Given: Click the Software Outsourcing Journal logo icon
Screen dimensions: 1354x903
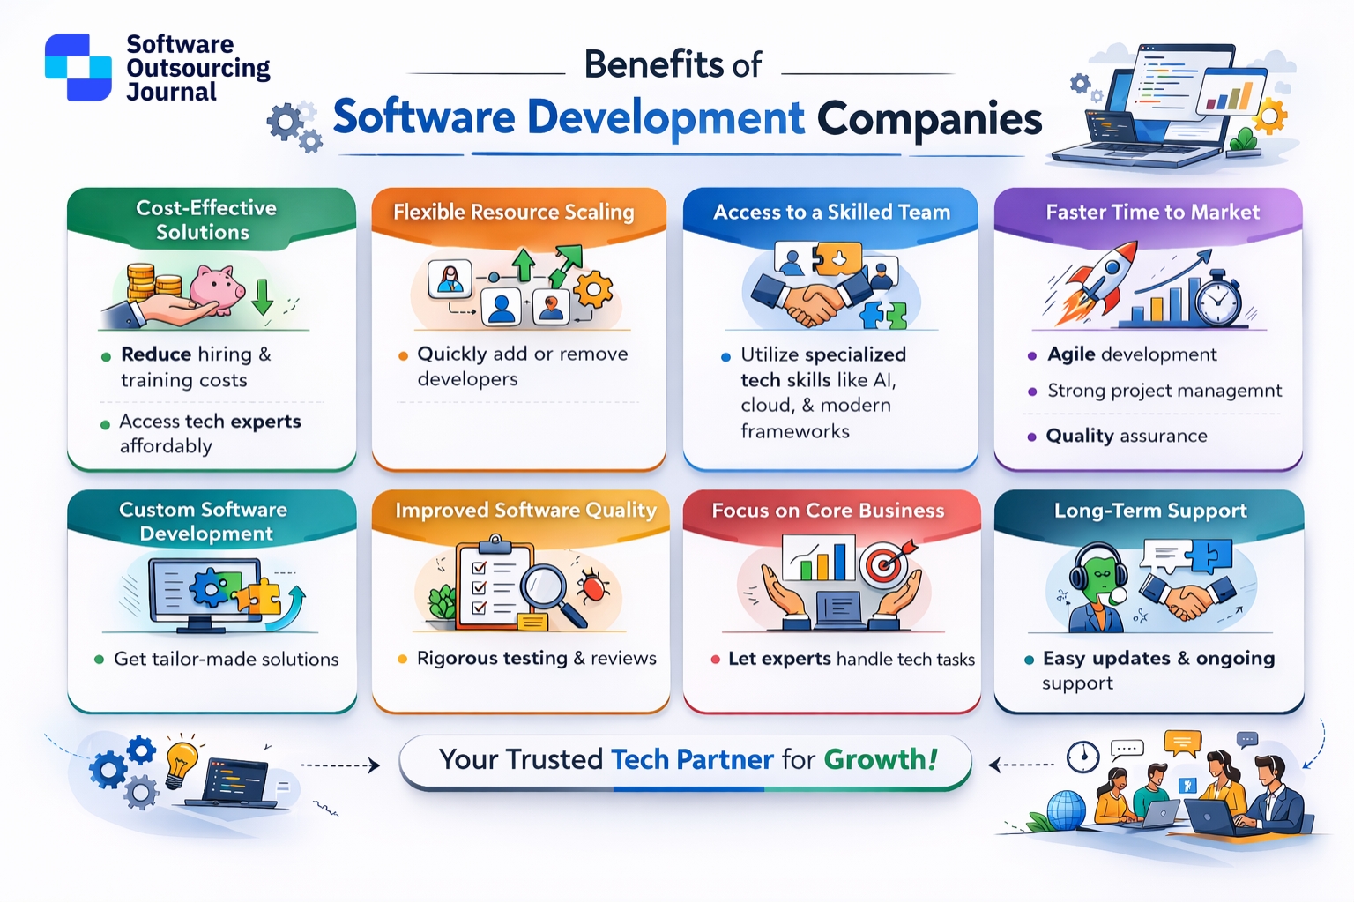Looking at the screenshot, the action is (78, 67).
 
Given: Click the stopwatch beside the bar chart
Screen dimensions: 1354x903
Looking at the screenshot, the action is (1218, 302).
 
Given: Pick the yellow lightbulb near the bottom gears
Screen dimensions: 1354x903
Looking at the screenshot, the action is (181, 760).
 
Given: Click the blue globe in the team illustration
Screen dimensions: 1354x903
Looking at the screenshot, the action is (1066, 810).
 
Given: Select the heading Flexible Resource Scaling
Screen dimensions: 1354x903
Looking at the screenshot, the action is (514, 213).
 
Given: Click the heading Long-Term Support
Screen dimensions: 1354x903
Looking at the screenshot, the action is (1150, 511).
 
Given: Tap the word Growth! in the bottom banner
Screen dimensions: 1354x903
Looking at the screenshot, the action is (881, 759).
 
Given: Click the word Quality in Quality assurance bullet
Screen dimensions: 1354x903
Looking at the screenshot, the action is (1080, 436).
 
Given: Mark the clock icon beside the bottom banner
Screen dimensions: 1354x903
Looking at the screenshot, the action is (1082, 757).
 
